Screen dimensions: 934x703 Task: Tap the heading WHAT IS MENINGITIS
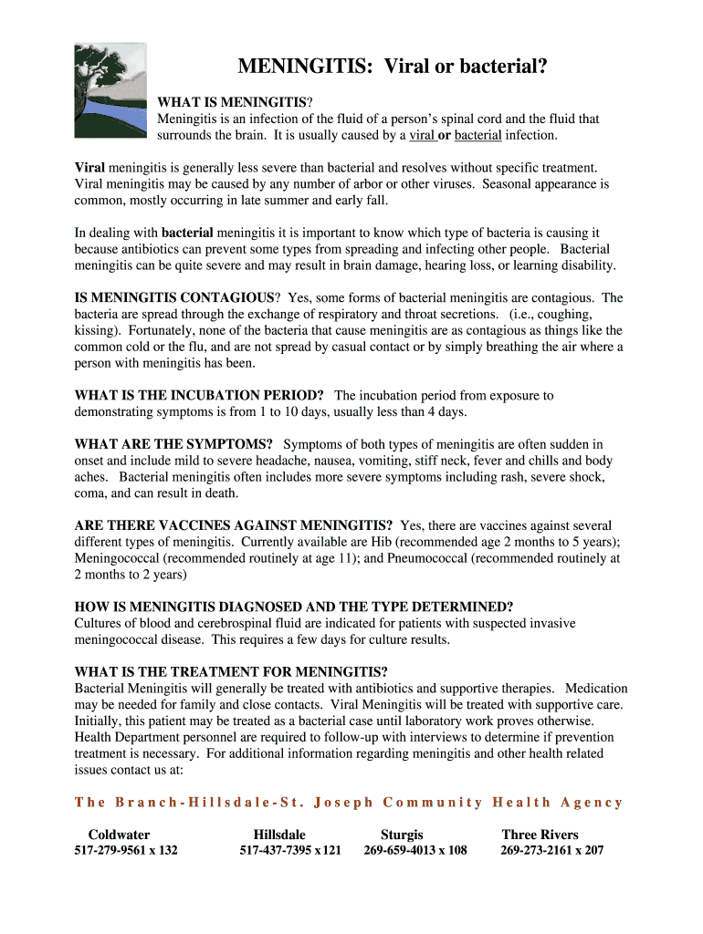233,102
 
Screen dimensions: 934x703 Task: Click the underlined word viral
422,135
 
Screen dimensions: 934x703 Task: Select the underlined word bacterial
478,135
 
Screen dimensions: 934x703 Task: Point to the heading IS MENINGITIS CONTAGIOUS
173,297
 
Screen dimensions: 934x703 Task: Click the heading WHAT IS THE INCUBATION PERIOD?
199,395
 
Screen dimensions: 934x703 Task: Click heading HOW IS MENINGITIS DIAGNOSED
293,607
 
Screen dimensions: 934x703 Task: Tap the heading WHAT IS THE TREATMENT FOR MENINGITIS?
231,671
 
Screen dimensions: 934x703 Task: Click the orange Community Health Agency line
349,803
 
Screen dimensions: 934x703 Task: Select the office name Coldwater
119,835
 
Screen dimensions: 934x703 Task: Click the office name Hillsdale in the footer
279,835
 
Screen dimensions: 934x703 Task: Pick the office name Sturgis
402,835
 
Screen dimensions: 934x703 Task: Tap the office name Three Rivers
540,835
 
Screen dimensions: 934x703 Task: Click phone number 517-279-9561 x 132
126,851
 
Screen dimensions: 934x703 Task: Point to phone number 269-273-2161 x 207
551,851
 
